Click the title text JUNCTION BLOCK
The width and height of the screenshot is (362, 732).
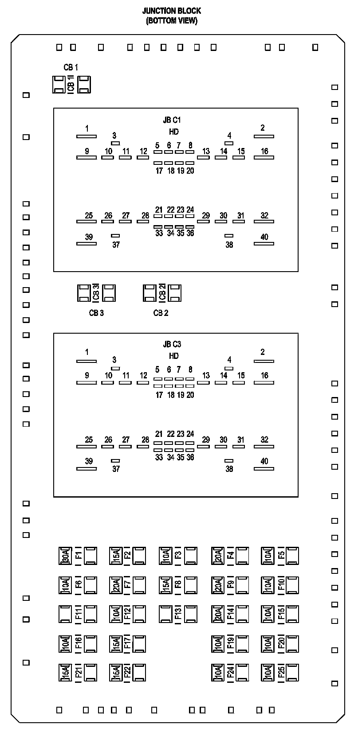(171, 11)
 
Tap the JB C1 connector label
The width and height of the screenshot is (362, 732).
(172, 120)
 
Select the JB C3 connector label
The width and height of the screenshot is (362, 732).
(172, 344)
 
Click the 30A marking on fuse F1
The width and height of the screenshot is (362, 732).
(65, 556)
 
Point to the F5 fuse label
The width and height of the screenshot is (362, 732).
(281, 556)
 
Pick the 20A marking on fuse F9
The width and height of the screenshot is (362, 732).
(218, 585)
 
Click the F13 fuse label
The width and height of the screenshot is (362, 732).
(178, 614)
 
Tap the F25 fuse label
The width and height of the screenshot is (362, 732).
(281, 672)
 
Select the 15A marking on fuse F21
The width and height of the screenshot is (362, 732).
(65, 672)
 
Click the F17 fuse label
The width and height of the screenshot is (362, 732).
(127, 643)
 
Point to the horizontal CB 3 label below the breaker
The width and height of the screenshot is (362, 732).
(96, 313)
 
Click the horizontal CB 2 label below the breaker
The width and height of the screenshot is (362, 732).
(161, 313)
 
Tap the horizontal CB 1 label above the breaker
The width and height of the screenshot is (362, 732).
(71, 67)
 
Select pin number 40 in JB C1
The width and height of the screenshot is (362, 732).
(264, 237)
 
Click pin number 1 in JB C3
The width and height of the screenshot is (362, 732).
(87, 352)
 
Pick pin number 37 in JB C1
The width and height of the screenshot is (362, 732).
(116, 245)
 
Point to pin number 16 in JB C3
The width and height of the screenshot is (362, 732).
(264, 375)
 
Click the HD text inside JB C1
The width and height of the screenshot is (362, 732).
(173, 132)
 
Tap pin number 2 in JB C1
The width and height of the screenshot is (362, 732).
(263, 128)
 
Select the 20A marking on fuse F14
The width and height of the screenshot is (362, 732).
(218, 614)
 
